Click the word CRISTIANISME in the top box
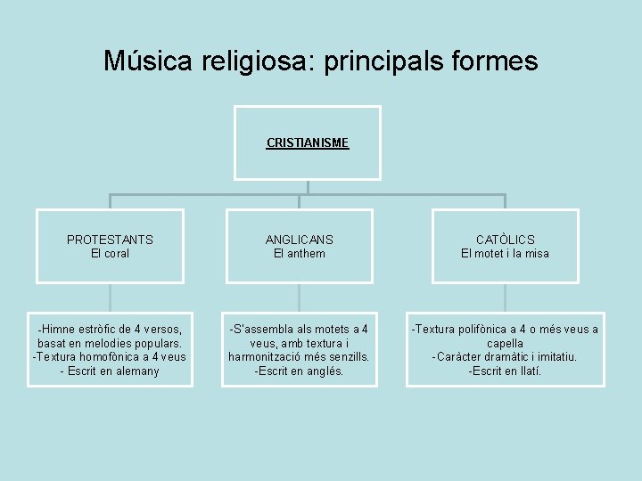308,143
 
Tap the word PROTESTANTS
110,240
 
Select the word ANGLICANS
299,240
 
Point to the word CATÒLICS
505,240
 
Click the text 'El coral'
110,254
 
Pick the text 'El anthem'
299,254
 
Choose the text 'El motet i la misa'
505,254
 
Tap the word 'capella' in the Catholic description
505,343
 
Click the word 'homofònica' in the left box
112,357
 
